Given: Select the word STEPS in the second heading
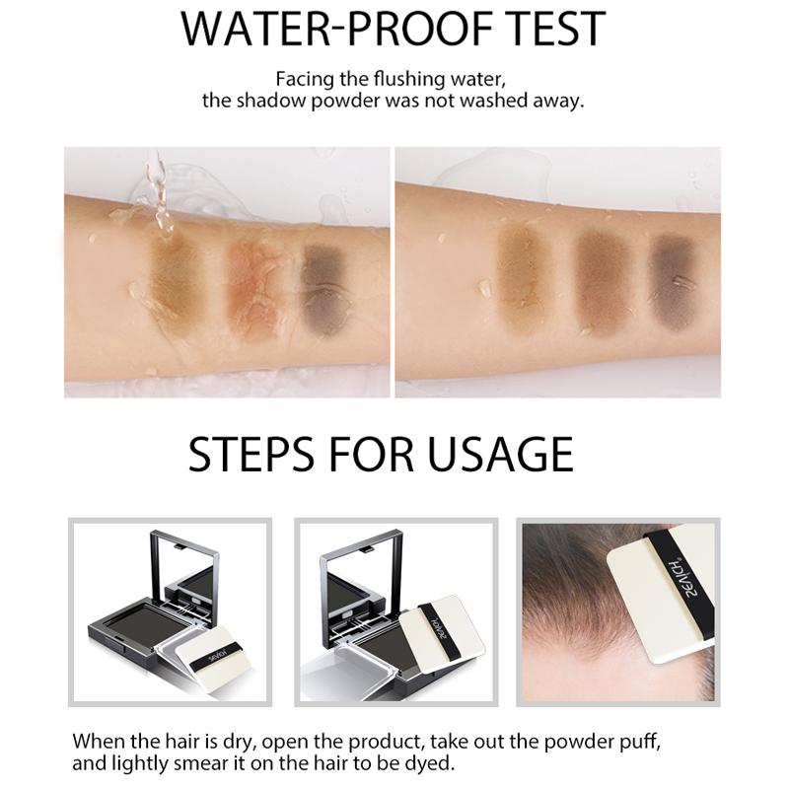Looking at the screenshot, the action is coord(252,454).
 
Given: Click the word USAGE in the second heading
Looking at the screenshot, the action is coord(500,454).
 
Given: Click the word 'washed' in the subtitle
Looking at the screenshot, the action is coord(491,101).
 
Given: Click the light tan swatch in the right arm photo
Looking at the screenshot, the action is coord(525,272).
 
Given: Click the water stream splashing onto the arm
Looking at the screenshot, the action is coord(161,196).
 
